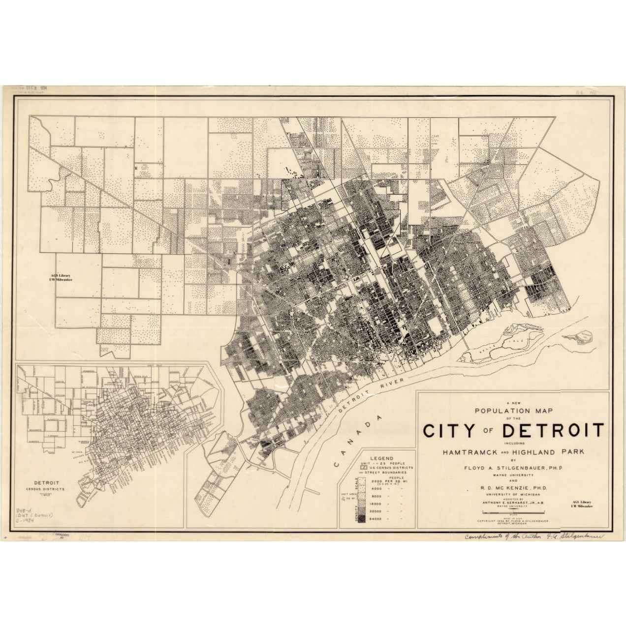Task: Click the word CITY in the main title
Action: (x=449, y=430)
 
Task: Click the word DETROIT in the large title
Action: (x=553, y=430)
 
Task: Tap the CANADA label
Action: (x=357, y=441)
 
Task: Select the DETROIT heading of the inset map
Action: (x=48, y=483)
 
